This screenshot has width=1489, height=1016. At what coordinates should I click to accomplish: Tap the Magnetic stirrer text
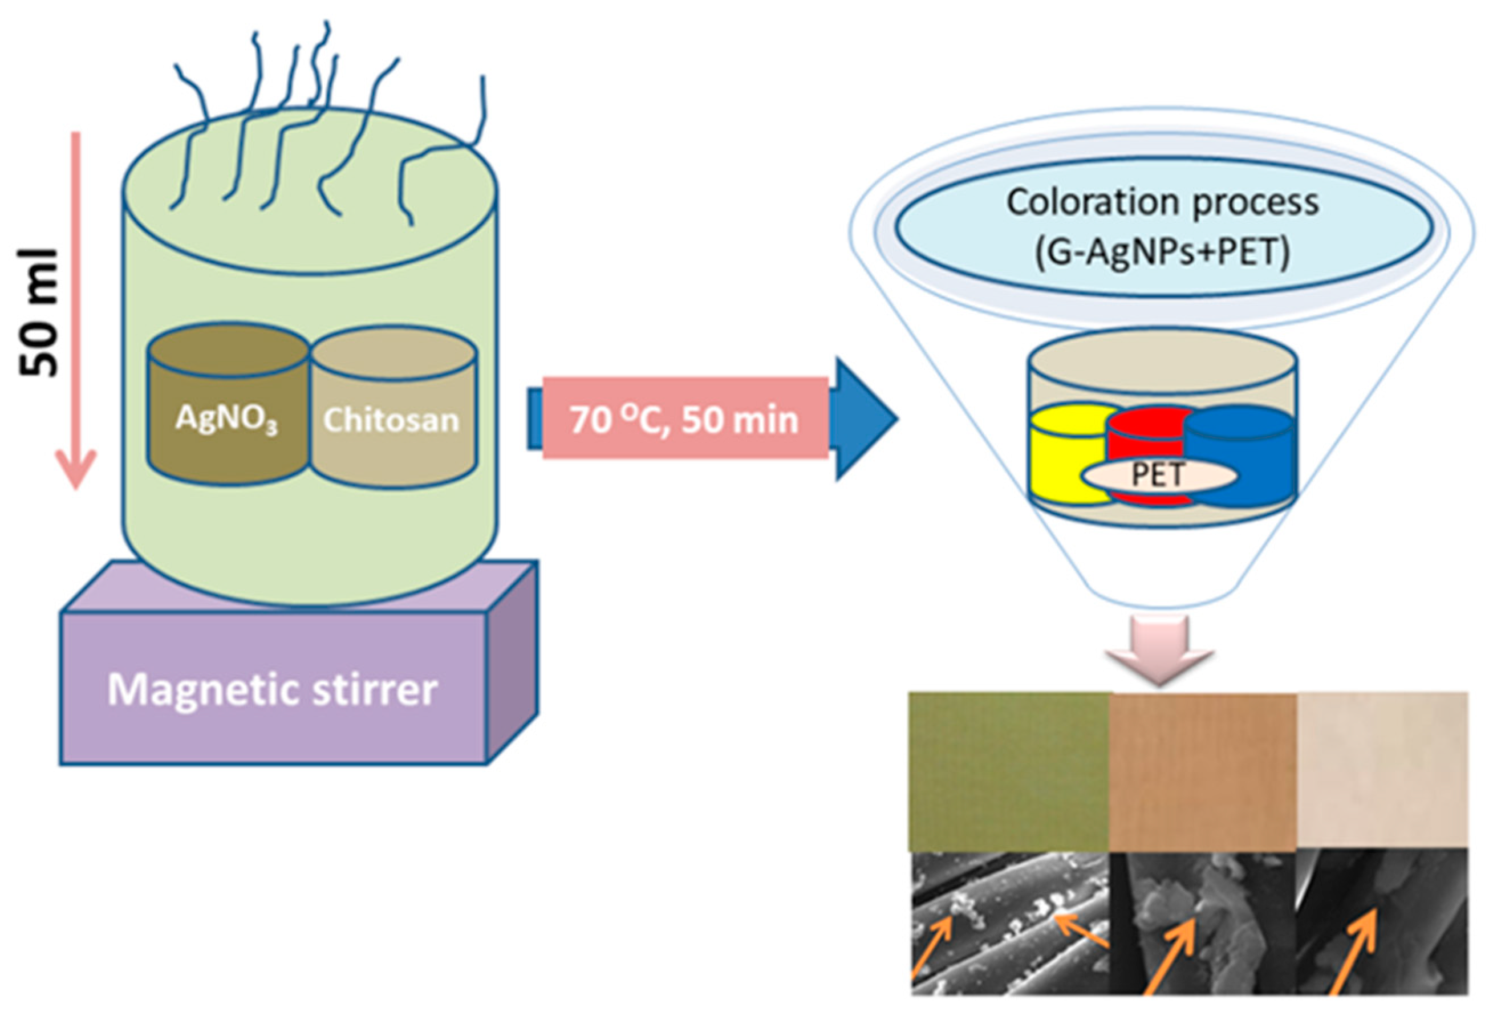coord(272,690)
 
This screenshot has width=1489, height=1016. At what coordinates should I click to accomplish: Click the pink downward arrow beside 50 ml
coord(76,307)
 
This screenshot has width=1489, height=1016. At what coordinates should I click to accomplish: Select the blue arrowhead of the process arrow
coord(865,420)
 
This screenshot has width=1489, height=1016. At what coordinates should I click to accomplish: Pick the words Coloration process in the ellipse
coord(1162,202)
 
